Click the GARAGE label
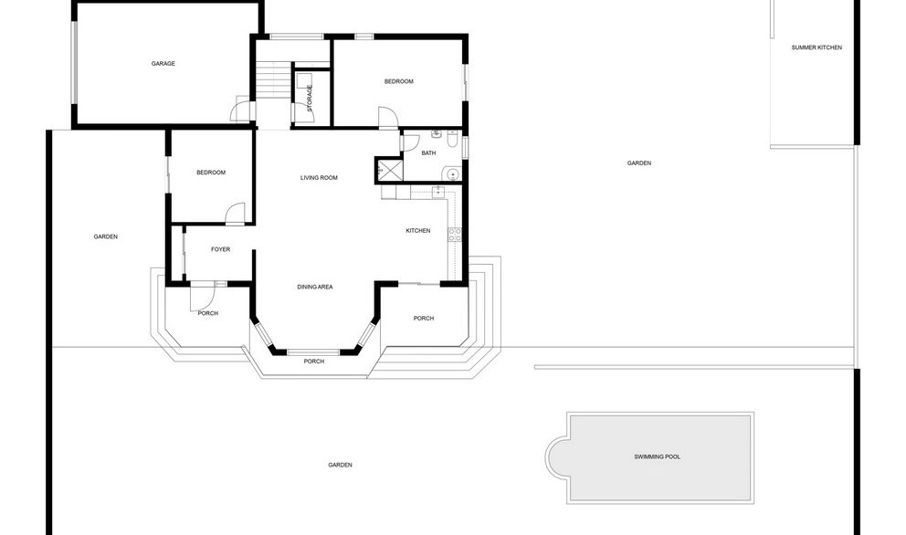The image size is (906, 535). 163,64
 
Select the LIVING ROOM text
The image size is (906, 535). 319,178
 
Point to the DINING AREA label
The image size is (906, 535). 314,288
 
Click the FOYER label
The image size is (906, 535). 220,249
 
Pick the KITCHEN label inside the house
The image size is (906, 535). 417,231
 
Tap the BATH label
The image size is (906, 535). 428,153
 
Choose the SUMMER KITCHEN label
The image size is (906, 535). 816,47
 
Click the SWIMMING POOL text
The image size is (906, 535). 658,456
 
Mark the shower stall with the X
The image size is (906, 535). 390,171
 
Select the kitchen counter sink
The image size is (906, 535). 439,192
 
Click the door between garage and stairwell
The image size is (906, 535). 240,111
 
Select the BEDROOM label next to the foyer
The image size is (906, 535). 211,173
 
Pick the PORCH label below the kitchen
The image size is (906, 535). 423,319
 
